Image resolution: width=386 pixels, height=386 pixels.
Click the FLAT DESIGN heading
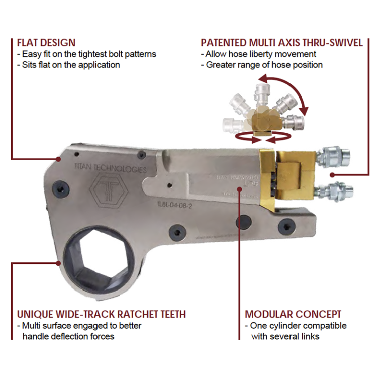[46, 43]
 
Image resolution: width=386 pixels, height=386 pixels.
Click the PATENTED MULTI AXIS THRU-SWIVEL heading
[281, 43]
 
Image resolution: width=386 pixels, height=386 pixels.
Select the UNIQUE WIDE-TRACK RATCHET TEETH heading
[102, 314]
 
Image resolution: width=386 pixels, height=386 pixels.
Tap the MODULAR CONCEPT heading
[293, 314]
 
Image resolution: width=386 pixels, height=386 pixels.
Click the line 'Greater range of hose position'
[262, 65]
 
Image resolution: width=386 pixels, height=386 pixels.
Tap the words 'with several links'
[285, 336]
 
